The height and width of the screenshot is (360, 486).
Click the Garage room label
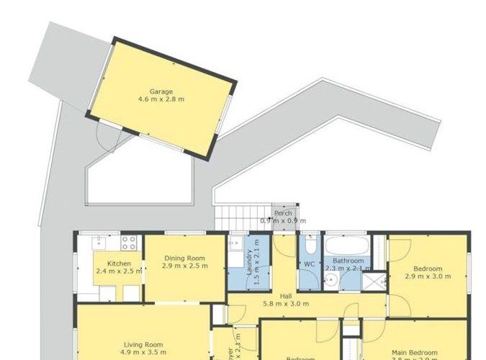point(161,91)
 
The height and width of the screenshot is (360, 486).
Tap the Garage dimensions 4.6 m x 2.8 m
point(161,99)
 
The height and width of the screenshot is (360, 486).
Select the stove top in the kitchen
point(130,243)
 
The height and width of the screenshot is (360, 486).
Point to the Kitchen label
point(119,264)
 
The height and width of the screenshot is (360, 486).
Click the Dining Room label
point(185,258)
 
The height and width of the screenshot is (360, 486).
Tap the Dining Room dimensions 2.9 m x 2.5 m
point(185,266)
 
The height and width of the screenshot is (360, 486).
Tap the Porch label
point(283,213)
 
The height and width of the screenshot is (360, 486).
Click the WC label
point(310,264)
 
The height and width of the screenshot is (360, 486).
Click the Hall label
point(286,296)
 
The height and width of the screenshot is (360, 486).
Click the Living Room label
point(143,345)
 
